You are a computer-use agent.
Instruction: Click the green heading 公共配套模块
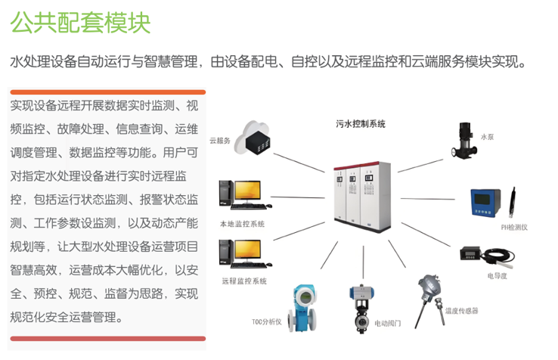80,22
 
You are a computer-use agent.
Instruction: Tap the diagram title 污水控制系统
361,124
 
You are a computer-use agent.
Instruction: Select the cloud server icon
253,138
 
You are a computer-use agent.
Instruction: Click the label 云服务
219,141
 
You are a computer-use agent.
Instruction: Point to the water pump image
463,141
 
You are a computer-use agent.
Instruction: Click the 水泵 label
487,137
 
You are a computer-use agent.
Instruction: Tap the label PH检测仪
514,227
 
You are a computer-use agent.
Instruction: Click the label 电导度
497,275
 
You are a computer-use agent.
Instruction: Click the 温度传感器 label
461,311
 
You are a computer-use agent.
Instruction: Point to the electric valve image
361,309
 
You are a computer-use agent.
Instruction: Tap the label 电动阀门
388,324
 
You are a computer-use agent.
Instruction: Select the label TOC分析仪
267,322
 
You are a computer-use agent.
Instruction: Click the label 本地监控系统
242,224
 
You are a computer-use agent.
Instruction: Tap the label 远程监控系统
244,281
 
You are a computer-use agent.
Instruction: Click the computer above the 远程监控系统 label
246,253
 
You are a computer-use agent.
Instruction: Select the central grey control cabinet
362,197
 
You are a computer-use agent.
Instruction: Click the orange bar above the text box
108,92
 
